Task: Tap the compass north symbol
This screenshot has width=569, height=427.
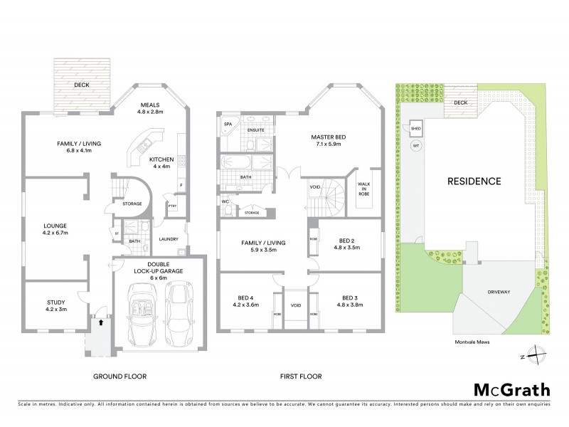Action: (540, 354)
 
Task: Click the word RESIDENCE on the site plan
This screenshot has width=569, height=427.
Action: (474, 181)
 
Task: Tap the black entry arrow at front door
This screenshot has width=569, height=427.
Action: (100, 322)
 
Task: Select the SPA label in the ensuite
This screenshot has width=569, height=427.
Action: (228, 124)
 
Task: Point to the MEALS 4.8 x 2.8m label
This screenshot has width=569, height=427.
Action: (149, 107)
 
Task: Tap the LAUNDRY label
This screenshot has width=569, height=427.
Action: (169, 239)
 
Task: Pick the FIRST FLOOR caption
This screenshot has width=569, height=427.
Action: (301, 376)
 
